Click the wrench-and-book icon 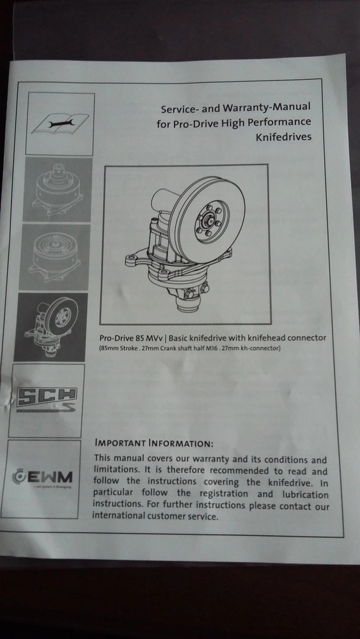point(60,123)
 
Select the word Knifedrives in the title point(283,137)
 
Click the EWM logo point(42,477)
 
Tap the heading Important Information point(154,443)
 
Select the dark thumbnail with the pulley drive point(50,327)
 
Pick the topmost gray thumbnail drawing point(58,190)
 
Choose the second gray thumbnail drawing point(54,257)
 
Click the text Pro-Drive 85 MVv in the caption point(131,338)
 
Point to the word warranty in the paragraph point(214,460)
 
